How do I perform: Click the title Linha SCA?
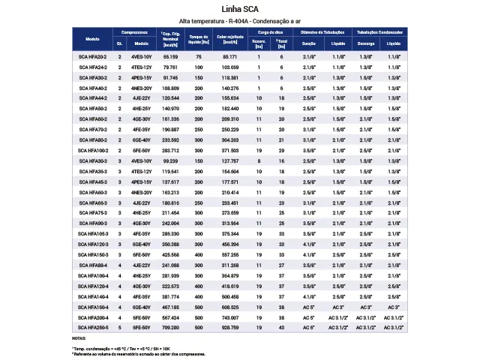pyautogui.click(x=240, y=9)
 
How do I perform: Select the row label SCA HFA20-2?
pyautogui.click(x=93, y=57)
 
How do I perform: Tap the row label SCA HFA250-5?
pyautogui.click(x=93, y=328)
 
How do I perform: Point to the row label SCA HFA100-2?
pyautogui.click(x=93, y=150)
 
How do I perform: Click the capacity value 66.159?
pyautogui.click(x=170, y=57)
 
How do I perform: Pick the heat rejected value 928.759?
pyautogui.click(x=229, y=328)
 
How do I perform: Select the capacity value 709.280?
pyautogui.click(x=170, y=328)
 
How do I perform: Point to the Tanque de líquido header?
pyautogui.click(x=199, y=38)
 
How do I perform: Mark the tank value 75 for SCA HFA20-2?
pyautogui.click(x=199, y=57)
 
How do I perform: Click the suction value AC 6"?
pyautogui.click(x=310, y=328)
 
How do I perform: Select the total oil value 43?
pyautogui.click(x=281, y=328)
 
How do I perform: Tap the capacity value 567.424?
pyautogui.click(x=170, y=317)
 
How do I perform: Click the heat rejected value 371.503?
pyautogui.click(x=229, y=150)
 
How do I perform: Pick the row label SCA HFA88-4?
pyautogui.click(x=93, y=265)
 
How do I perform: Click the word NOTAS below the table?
pyautogui.click(x=79, y=339)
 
